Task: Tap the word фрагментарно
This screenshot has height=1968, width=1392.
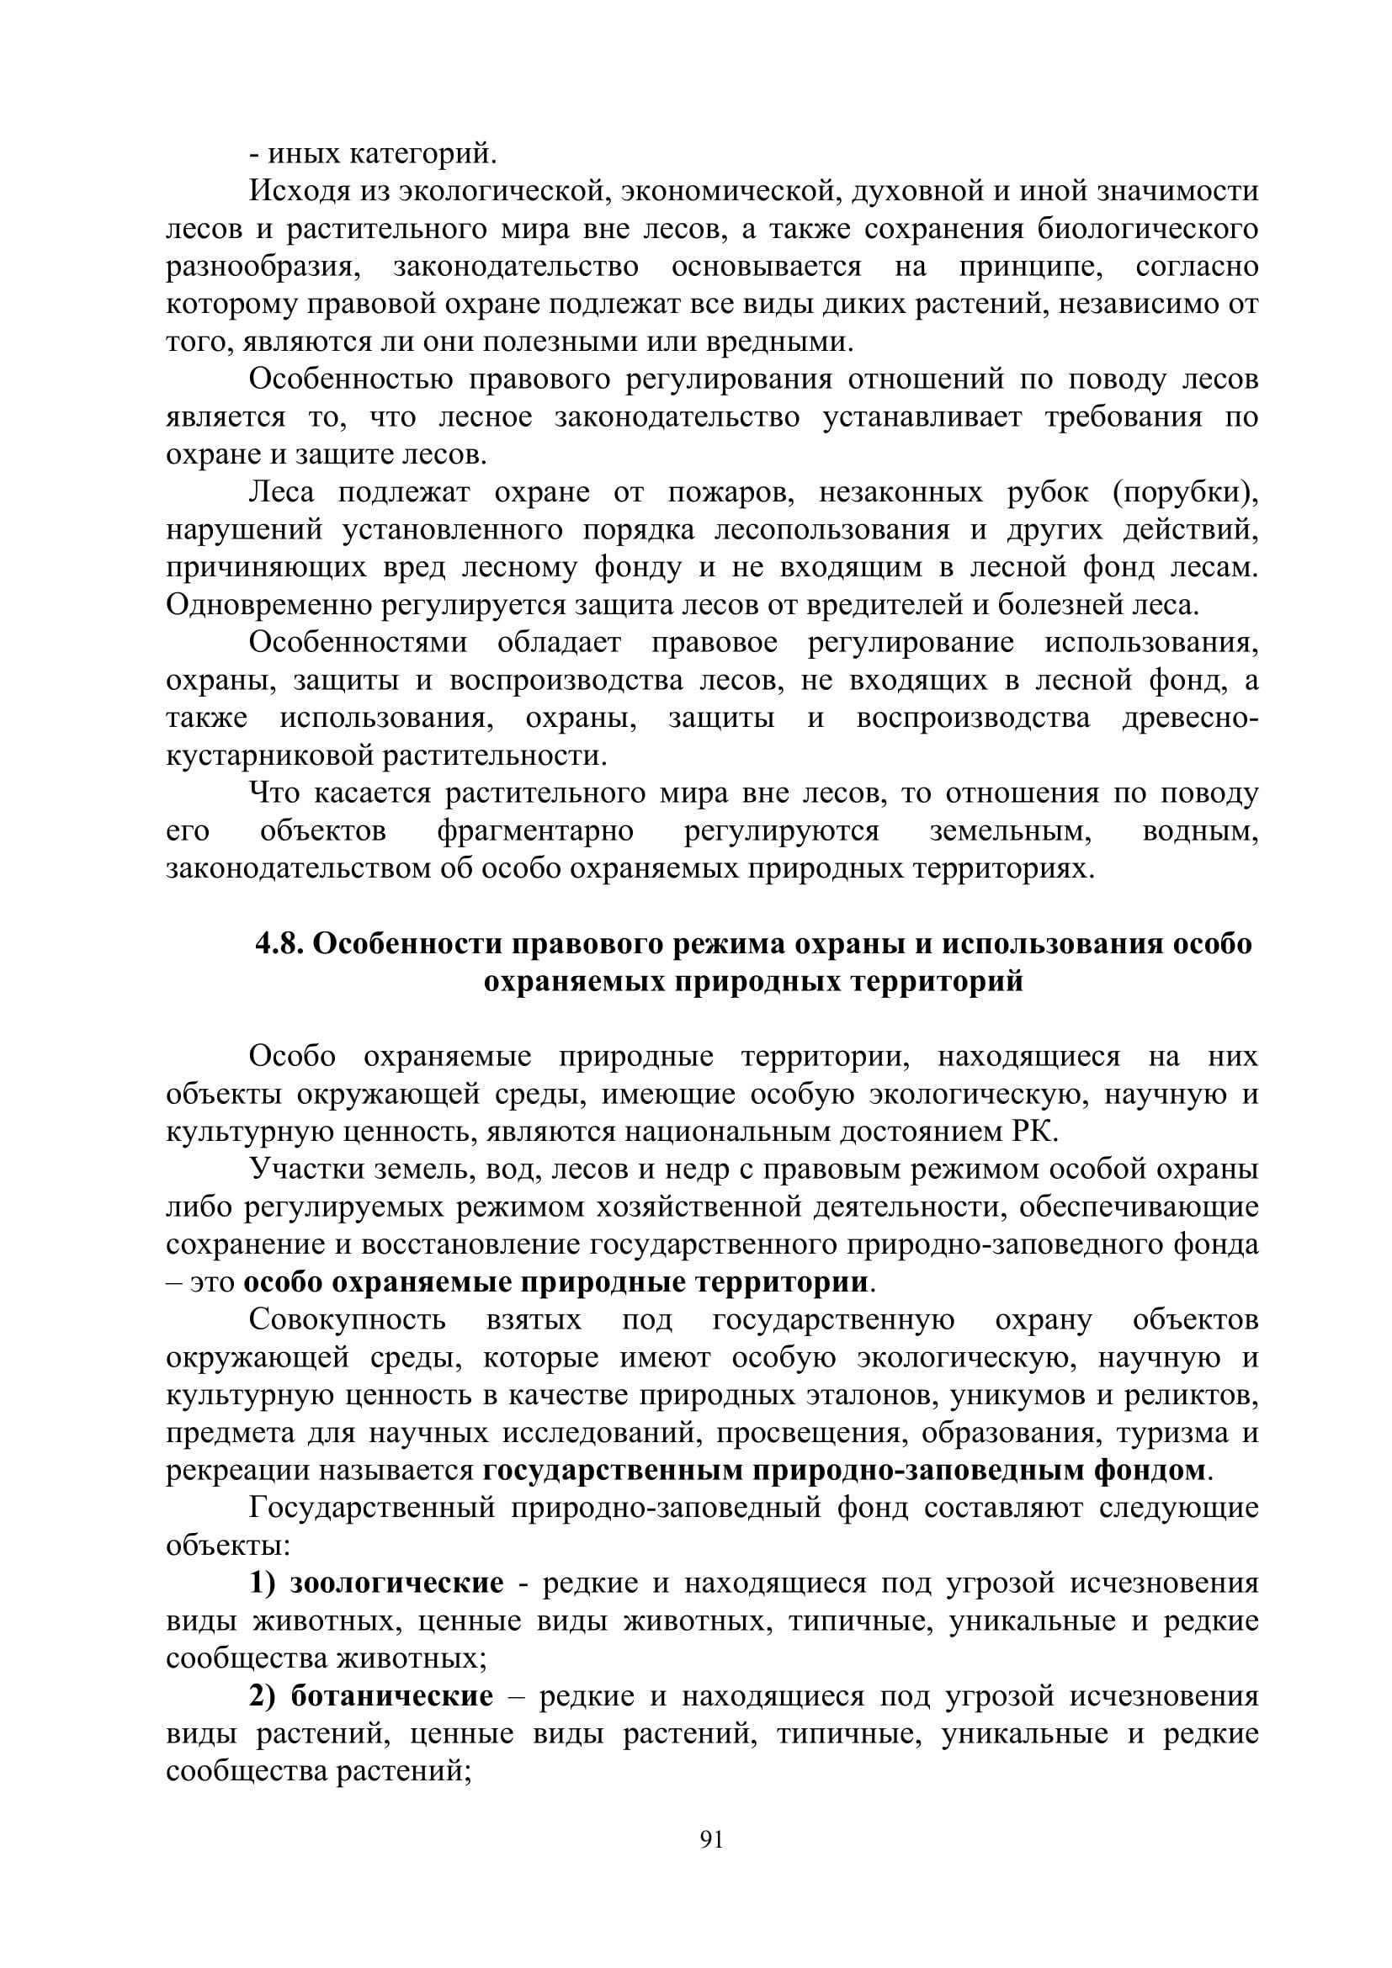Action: pyautogui.click(x=536, y=831)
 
